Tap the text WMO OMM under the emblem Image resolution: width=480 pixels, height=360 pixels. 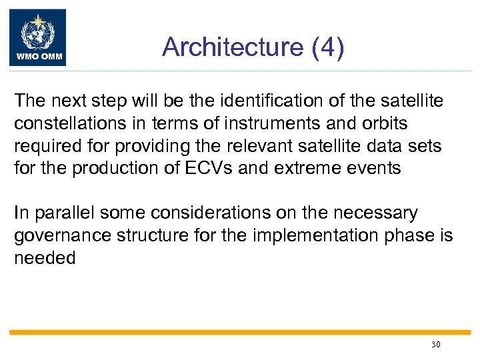[x=37, y=57]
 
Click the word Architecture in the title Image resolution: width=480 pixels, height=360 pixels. [x=223, y=47]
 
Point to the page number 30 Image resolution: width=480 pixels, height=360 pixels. [x=436, y=345]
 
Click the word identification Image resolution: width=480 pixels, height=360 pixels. [x=266, y=101]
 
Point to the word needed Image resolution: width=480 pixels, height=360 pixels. [x=45, y=258]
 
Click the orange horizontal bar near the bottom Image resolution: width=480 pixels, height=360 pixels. [x=240, y=332]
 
